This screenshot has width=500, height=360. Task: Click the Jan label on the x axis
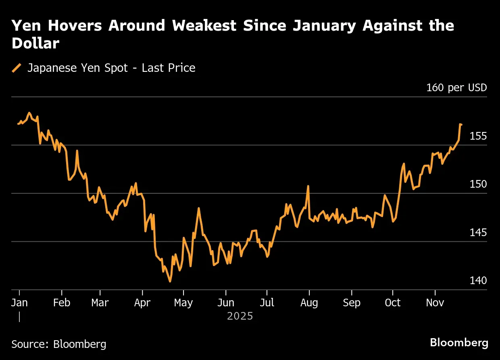point(19,303)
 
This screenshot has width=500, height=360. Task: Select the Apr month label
point(142,303)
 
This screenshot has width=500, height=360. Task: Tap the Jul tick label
point(267,303)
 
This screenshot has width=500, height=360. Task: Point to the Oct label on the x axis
point(393,303)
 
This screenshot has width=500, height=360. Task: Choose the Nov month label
point(435,303)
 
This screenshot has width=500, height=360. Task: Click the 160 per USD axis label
point(456,88)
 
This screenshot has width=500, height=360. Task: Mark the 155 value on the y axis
point(478,136)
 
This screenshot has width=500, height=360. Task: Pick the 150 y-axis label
point(478,184)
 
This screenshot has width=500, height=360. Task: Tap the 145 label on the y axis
point(478,233)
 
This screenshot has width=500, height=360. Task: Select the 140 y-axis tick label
point(478,280)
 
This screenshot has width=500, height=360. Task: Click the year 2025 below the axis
point(240,316)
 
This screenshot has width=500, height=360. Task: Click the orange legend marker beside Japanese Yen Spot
point(17,68)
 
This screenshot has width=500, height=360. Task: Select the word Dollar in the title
point(35,44)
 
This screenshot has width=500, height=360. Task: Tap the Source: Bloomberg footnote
point(59,344)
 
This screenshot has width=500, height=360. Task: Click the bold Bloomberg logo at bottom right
point(459,343)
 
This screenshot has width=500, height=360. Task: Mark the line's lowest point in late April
point(170,282)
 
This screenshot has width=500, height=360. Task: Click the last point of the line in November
point(461,125)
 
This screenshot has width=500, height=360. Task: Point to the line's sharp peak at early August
point(308,186)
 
